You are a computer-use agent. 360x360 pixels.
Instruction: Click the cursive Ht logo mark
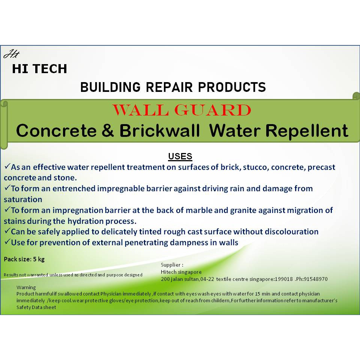pos(12,54)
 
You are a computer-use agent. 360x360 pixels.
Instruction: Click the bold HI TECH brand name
pos(39,69)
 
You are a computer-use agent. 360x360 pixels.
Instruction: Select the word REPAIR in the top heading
pos(169,87)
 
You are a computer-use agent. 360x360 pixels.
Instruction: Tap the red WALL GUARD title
pos(182,110)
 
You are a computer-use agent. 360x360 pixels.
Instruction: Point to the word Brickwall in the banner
pos(160,130)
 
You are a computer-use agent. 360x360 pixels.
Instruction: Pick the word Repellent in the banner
pos(307,131)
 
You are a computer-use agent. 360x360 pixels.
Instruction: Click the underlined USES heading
pos(180,156)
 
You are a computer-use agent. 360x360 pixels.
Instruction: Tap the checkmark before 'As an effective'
pos(7,166)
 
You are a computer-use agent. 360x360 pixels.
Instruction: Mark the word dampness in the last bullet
pos(189,243)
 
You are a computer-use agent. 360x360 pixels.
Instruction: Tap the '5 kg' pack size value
pos(39,259)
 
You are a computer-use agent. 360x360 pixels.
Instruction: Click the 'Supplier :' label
pos(172,265)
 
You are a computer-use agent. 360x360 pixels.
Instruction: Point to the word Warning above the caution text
pos(26,288)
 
